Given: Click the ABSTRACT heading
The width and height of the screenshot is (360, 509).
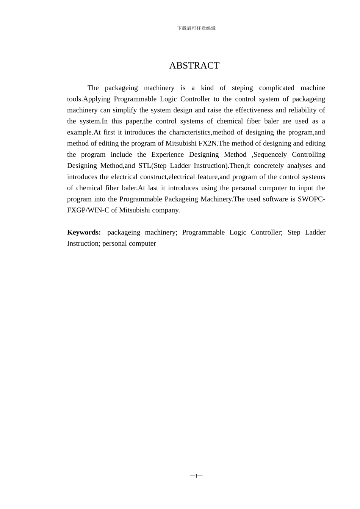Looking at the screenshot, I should pyautogui.click(x=194, y=66).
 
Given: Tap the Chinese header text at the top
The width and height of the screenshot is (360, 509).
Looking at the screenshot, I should pyautogui.click(x=196, y=28).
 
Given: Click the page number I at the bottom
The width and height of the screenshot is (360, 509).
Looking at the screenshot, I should pyautogui.click(x=196, y=476).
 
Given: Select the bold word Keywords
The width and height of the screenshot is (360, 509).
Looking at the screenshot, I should pyautogui.click(x=84, y=233).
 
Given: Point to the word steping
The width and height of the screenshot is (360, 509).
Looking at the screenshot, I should pyautogui.click(x=242, y=88).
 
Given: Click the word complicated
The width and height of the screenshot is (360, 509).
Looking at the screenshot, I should pyautogui.click(x=277, y=88).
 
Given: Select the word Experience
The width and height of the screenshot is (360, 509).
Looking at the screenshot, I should pyautogui.click(x=167, y=155).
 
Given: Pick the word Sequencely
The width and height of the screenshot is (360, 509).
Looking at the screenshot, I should pyautogui.click(x=271, y=155).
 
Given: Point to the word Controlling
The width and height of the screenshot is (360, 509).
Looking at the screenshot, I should pyautogui.click(x=308, y=155).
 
